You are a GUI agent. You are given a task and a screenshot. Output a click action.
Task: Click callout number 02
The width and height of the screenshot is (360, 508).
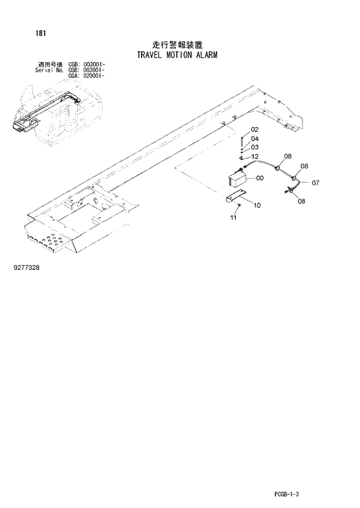(x=254, y=129)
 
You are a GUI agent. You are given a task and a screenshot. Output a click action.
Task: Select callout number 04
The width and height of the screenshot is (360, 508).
(x=255, y=139)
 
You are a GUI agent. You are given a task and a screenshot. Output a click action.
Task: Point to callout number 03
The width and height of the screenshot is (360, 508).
(x=255, y=147)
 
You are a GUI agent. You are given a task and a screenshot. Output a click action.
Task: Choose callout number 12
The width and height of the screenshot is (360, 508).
(x=255, y=157)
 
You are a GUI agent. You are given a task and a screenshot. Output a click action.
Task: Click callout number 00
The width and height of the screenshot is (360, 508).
(x=260, y=178)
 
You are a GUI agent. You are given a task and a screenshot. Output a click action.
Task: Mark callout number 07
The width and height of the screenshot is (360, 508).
(x=315, y=183)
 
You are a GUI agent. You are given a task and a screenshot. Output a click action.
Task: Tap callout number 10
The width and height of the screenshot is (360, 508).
(x=257, y=205)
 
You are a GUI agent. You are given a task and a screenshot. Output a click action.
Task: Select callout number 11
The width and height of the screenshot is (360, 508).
(x=233, y=218)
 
